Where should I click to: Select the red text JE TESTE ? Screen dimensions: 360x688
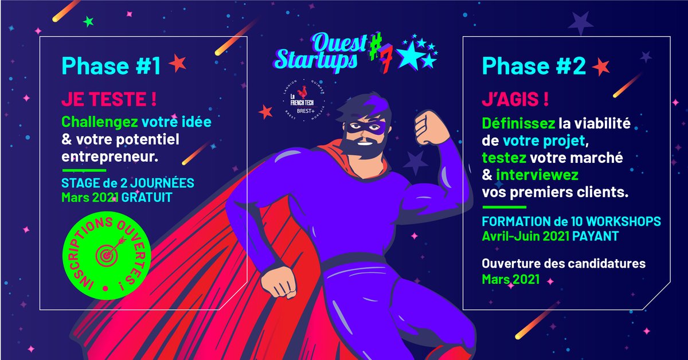point(109,99)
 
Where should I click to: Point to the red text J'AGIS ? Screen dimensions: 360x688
point(515,99)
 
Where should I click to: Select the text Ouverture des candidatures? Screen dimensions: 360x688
point(564,264)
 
